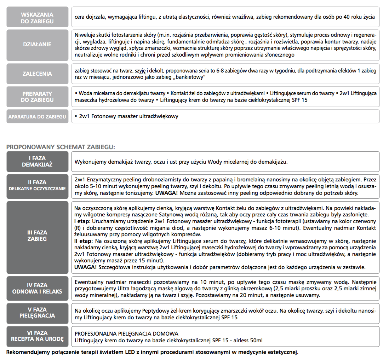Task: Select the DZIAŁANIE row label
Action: pyautogui.click(x=37, y=45)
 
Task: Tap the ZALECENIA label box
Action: pyautogui.click(x=37, y=74)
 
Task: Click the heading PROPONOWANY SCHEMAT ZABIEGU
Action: pyautogui.click(x=61, y=146)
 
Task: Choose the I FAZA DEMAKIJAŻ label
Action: pyautogui.click(x=37, y=162)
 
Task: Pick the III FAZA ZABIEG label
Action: pyautogui.click(x=37, y=236)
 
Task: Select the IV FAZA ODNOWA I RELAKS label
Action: pyautogui.click(x=37, y=288)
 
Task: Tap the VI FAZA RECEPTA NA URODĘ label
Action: pyautogui.click(x=37, y=336)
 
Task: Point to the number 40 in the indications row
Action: pyautogui.click(x=347, y=17)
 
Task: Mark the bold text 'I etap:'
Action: pyautogui.click(x=82, y=221)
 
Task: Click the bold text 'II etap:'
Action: pyautogui.click(x=83, y=240)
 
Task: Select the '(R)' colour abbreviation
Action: pyautogui.click(x=79, y=228)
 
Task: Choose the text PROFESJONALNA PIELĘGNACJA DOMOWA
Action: pyautogui.click(x=126, y=333)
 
